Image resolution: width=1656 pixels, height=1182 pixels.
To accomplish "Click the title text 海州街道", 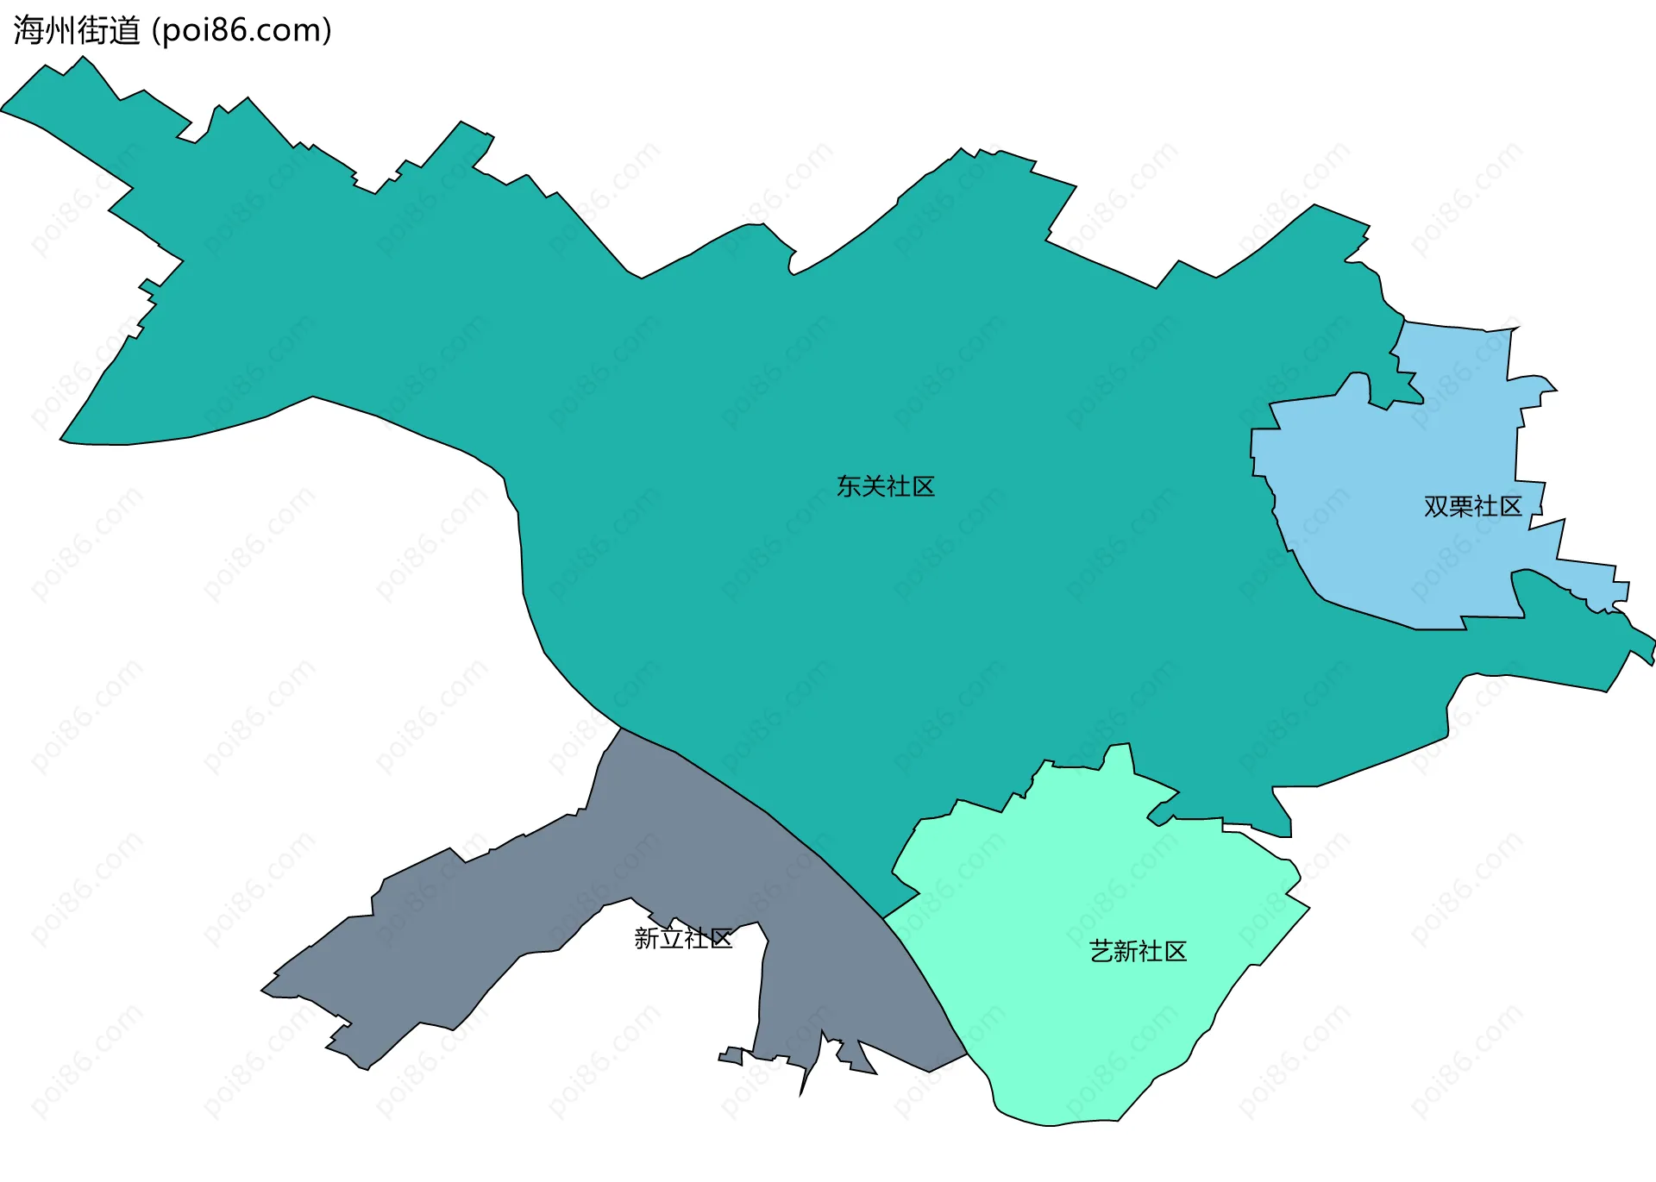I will tap(77, 31).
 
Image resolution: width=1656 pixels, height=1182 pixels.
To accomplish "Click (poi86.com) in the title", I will tap(241, 31).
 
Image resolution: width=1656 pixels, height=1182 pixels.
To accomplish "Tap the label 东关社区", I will tap(886, 487).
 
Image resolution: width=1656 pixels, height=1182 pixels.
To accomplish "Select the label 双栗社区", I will tap(1473, 507).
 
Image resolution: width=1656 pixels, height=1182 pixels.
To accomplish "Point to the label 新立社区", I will tap(683, 939).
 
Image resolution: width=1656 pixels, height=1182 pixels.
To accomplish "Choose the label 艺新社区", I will tap(1138, 952).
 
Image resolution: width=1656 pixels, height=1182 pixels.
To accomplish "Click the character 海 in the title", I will tap(28, 31).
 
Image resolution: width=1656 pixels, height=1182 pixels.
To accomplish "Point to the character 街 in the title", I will tap(92, 31).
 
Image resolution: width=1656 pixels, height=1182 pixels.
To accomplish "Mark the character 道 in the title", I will tap(124, 31).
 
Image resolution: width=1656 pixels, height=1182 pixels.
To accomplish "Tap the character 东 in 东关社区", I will tap(849, 487).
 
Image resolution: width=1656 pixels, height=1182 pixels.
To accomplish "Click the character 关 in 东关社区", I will tap(874, 487).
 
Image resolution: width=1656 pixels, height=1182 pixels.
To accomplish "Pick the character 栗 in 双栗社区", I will tap(1461, 507).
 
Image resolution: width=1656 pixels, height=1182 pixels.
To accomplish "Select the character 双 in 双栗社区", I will tap(1436, 507).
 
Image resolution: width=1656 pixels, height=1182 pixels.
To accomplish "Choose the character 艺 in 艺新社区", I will tap(1101, 952).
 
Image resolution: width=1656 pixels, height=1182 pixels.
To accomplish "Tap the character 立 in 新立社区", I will tap(671, 939).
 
